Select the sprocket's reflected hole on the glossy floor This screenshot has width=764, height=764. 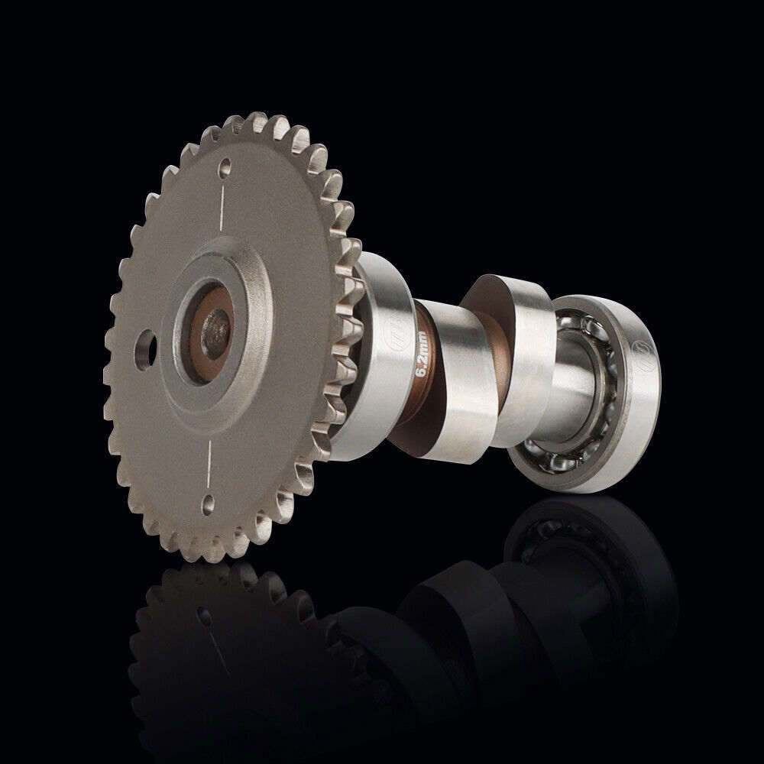[x=203, y=614]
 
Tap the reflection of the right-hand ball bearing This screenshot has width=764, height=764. [x=581, y=550]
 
